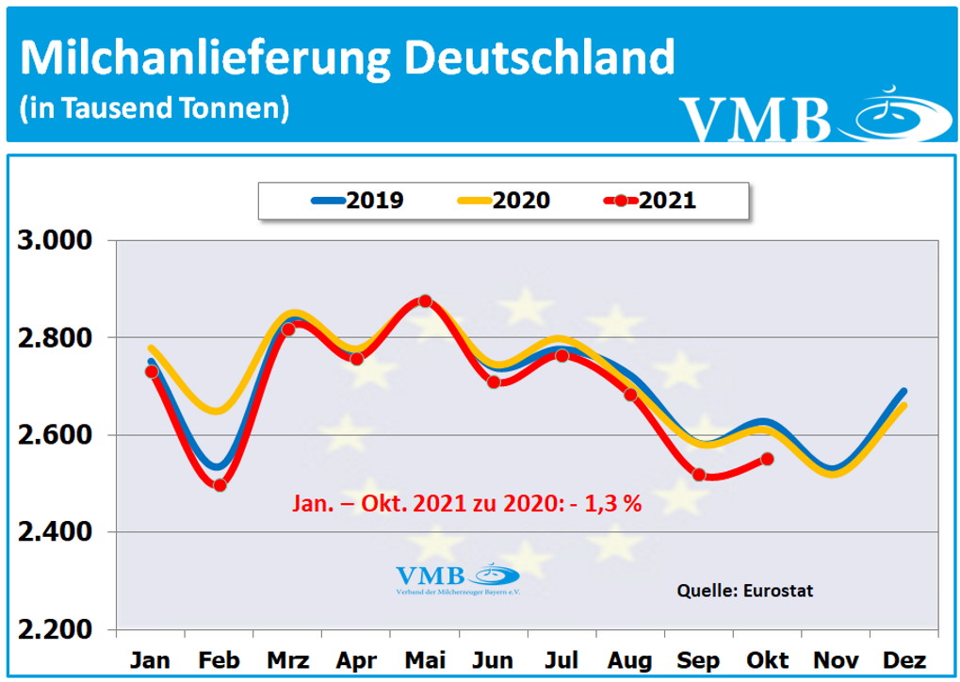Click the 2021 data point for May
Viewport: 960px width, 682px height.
pos(425,301)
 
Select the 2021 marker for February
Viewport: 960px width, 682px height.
pos(220,485)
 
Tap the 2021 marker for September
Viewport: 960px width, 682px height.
pos(699,475)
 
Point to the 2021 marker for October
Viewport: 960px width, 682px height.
pos(767,459)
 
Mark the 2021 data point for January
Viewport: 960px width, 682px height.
pos(151,372)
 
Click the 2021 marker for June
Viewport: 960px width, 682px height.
pos(494,382)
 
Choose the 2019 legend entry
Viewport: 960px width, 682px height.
pos(357,201)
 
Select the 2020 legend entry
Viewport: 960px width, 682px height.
pos(503,201)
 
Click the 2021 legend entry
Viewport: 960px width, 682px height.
pos(649,201)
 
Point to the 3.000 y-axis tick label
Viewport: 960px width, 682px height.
pos(56,240)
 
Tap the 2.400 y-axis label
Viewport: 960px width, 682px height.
pos(56,533)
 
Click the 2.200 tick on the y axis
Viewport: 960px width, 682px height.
pos(56,630)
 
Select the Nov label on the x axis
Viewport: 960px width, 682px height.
pos(836,658)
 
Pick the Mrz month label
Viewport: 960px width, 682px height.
pos(287,658)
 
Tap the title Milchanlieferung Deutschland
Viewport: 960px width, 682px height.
pos(347,58)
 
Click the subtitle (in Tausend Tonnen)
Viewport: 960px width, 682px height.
pos(154,107)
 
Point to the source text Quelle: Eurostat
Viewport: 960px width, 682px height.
pos(744,591)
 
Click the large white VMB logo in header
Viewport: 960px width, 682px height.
pos(754,118)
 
